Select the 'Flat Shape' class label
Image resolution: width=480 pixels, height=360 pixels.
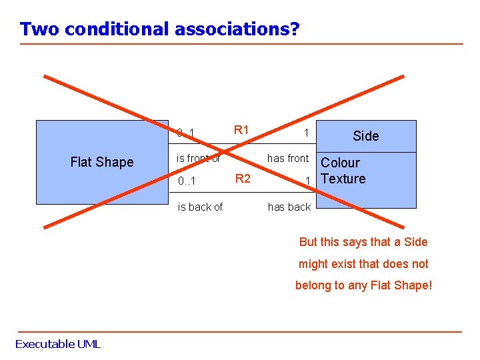(102, 162)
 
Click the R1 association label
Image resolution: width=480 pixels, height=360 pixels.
(241, 130)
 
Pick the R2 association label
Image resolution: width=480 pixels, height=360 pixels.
(243, 178)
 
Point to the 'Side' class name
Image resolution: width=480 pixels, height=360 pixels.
(365, 136)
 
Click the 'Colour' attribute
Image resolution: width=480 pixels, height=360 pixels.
(340, 163)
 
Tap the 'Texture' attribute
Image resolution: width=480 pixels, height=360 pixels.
(343, 179)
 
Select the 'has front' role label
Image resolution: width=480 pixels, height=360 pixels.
(288, 158)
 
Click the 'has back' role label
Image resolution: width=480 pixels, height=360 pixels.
(289, 207)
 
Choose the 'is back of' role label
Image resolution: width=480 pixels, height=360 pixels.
(200, 207)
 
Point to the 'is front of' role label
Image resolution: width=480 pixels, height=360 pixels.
(198, 158)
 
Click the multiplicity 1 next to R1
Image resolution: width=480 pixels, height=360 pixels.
(306, 133)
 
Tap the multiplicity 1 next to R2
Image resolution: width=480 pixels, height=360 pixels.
(307, 181)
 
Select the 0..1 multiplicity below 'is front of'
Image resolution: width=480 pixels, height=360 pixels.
(187, 181)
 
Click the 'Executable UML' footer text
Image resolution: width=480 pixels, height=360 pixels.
(58, 344)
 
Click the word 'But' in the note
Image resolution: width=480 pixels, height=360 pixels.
(309, 242)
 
